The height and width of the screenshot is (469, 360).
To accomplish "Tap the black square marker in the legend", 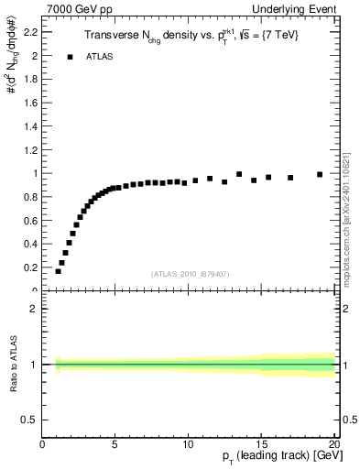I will (x=70, y=57).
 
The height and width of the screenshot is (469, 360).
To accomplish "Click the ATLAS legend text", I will (x=98, y=57).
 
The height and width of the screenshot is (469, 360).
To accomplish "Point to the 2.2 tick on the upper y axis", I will (x=29, y=31).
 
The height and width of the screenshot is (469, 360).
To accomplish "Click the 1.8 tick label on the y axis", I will (x=29, y=79).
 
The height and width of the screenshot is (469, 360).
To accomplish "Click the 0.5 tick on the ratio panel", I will (x=29, y=420).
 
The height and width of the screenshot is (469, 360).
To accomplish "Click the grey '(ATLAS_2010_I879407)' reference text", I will (x=190, y=273).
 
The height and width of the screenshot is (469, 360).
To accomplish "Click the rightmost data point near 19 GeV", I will (x=320, y=174).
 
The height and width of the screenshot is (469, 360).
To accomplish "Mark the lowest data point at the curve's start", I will (x=58, y=271).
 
